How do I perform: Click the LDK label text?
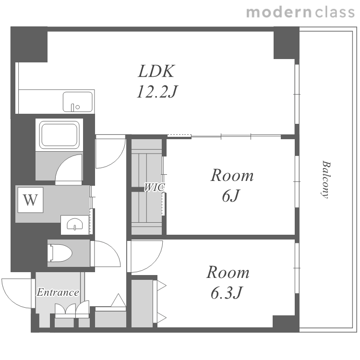coord(156,71)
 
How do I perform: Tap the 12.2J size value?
coord(157,91)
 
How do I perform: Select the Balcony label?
coord(325,180)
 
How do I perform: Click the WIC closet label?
coord(154,188)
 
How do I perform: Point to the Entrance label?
coord(58,292)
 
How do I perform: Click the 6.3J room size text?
coord(227,293)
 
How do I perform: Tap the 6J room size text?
coord(230,196)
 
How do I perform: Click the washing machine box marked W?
coord(31,200)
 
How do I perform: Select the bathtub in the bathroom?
coord(60,135)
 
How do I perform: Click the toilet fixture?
coord(60,253)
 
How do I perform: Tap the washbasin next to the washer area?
coord(75,224)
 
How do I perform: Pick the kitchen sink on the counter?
coord(78,102)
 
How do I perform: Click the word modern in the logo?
coord(279,12)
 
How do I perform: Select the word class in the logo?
coord(335,12)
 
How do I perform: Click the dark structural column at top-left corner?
coord(29,44)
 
